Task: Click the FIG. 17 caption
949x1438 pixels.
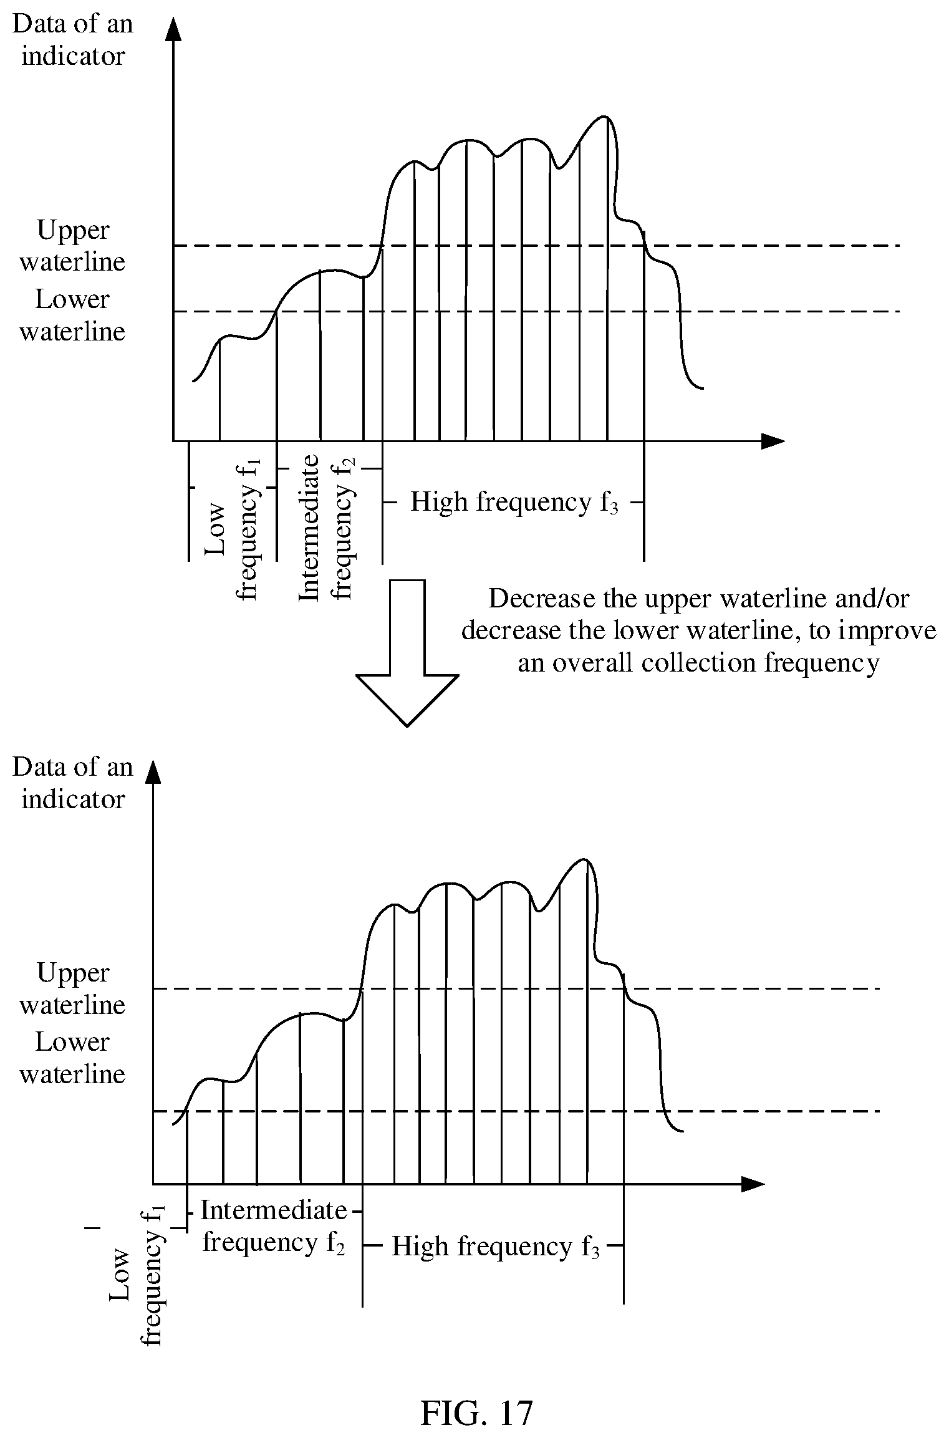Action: point(477,1395)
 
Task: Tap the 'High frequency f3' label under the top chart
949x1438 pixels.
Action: point(514,502)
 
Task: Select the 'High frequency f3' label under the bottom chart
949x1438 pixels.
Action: point(495,1247)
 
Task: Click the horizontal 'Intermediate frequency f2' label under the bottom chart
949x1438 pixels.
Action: point(274,1226)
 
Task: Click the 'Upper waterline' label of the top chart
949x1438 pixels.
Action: point(72,246)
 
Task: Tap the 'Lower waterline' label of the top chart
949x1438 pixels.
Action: point(72,316)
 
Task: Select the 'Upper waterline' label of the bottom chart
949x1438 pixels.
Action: point(72,989)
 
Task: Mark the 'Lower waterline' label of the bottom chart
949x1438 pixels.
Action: point(72,1058)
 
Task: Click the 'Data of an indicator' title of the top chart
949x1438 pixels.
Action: point(73,40)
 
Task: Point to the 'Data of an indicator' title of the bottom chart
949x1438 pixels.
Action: point(73,783)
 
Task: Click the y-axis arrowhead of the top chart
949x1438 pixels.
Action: point(173,30)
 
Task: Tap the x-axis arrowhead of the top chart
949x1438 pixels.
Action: point(773,441)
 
